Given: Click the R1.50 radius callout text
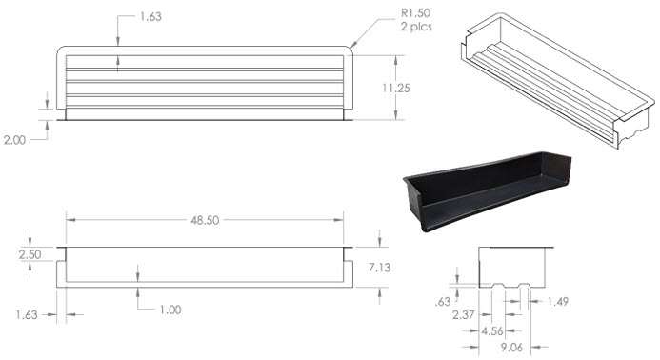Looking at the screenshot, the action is tap(415, 13).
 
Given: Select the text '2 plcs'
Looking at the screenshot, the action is tap(416, 27).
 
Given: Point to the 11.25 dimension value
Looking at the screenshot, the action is tap(396, 88).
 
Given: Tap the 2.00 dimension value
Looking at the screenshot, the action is tap(14, 140).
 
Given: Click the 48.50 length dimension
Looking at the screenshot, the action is tap(205, 220).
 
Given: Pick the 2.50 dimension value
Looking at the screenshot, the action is tap(30, 254).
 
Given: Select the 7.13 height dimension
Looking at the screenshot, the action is tap(379, 268).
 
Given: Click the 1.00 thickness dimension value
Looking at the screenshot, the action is tap(170, 310).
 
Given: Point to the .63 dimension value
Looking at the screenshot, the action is tap(443, 302).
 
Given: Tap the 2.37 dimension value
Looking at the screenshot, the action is tap(464, 314).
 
